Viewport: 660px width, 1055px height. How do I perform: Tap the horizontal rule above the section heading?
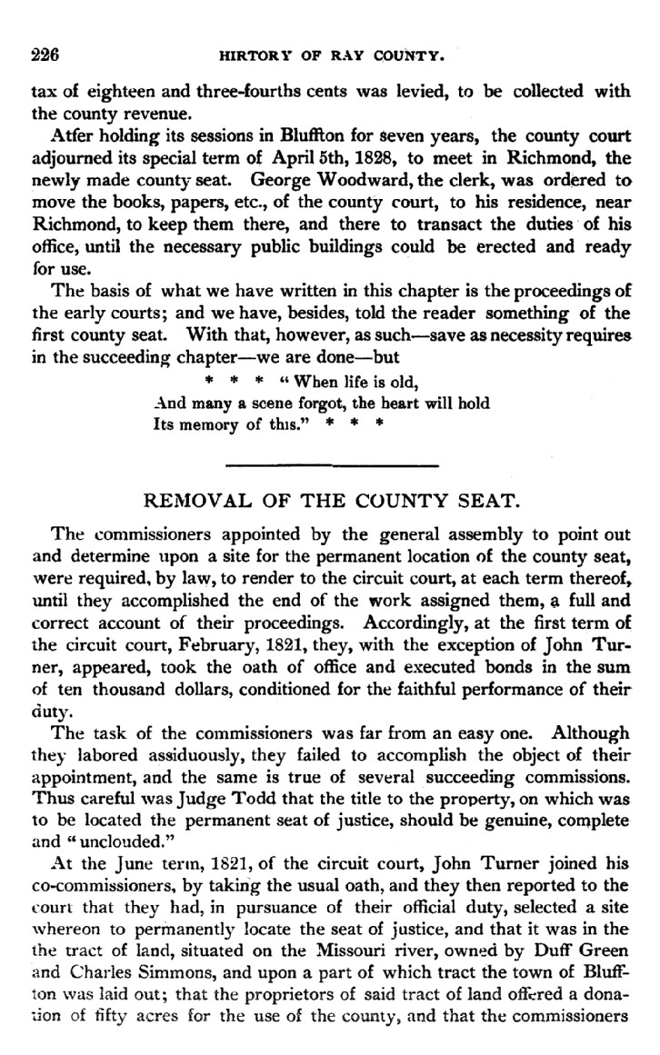pos(331,466)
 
